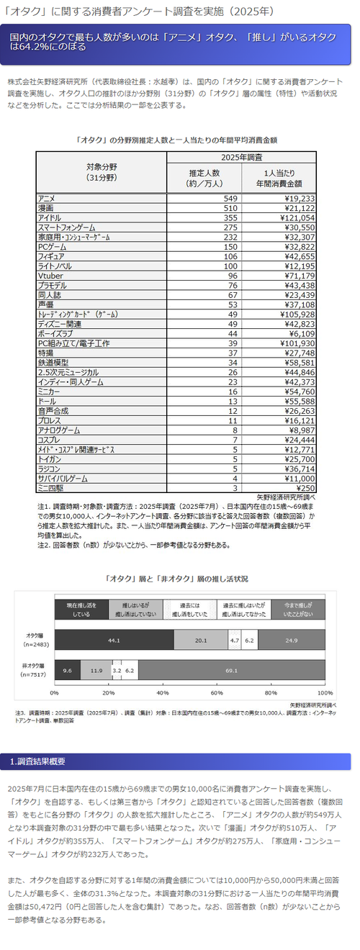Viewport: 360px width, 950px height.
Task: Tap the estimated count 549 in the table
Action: (230, 197)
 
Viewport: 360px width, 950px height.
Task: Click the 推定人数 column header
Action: (209, 177)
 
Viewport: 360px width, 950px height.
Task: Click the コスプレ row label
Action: (51, 439)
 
